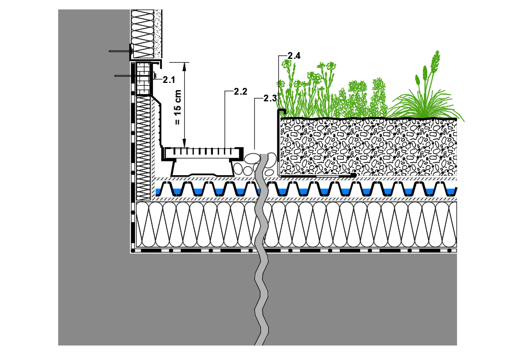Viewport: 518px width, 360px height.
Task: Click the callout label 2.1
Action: pos(169,80)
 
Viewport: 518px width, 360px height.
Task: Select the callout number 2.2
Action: pos(240,91)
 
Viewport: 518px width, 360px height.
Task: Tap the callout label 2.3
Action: pos(270,99)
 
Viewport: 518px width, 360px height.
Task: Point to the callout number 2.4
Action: pos(294,55)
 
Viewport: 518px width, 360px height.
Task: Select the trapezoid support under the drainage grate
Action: pos(203,167)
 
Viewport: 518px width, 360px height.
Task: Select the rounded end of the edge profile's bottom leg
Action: pos(353,176)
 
